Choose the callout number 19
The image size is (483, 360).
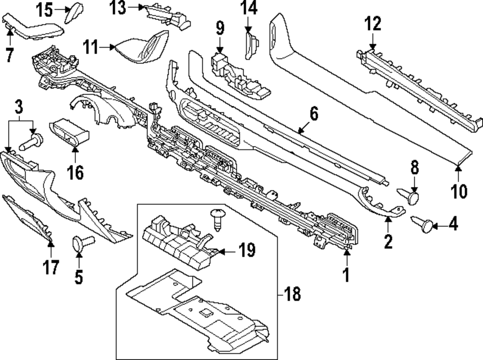pos(247,251)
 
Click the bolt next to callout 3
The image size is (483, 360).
pos(32,143)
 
